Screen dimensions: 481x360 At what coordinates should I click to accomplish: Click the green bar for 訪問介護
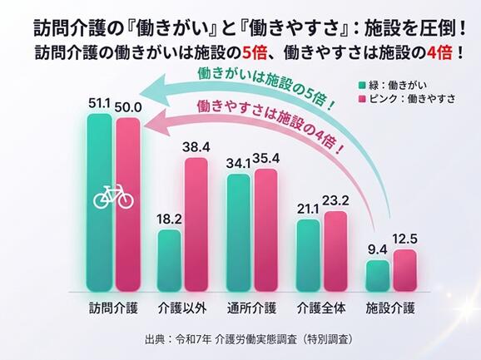pyautogui.click(x=99, y=203)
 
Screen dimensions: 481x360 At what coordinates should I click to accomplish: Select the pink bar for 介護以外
pyautogui.click(x=196, y=224)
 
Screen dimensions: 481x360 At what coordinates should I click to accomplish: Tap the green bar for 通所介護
pyautogui.click(x=238, y=233)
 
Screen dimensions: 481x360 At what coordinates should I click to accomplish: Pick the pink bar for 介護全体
pyautogui.click(x=335, y=251)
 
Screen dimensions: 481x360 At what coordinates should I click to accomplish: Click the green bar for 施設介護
pyautogui.click(x=378, y=276)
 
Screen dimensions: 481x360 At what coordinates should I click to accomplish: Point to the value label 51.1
pyautogui.click(x=99, y=104)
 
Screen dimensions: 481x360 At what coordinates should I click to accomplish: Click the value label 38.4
pyautogui.click(x=196, y=147)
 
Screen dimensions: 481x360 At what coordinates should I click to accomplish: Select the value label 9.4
pyautogui.click(x=378, y=250)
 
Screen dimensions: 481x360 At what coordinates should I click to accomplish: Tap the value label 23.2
pyautogui.click(x=335, y=201)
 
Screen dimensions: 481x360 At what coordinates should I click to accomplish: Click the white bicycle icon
pyautogui.click(x=113, y=197)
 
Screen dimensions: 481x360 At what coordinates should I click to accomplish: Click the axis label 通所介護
pyautogui.click(x=252, y=308)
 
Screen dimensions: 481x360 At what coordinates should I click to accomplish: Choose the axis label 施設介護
pyautogui.click(x=390, y=308)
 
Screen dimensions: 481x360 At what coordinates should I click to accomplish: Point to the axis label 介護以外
pyautogui.click(x=182, y=308)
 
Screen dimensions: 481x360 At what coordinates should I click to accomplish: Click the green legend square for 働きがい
pyautogui.click(x=362, y=85)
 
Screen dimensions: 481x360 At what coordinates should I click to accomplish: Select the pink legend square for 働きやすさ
pyautogui.click(x=362, y=99)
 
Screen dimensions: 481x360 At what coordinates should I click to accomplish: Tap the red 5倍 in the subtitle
pyautogui.click(x=255, y=53)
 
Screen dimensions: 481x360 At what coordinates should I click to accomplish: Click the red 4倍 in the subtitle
pyautogui.click(x=439, y=53)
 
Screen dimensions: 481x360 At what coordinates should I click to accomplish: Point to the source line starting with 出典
pyautogui.click(x=249, y=339)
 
